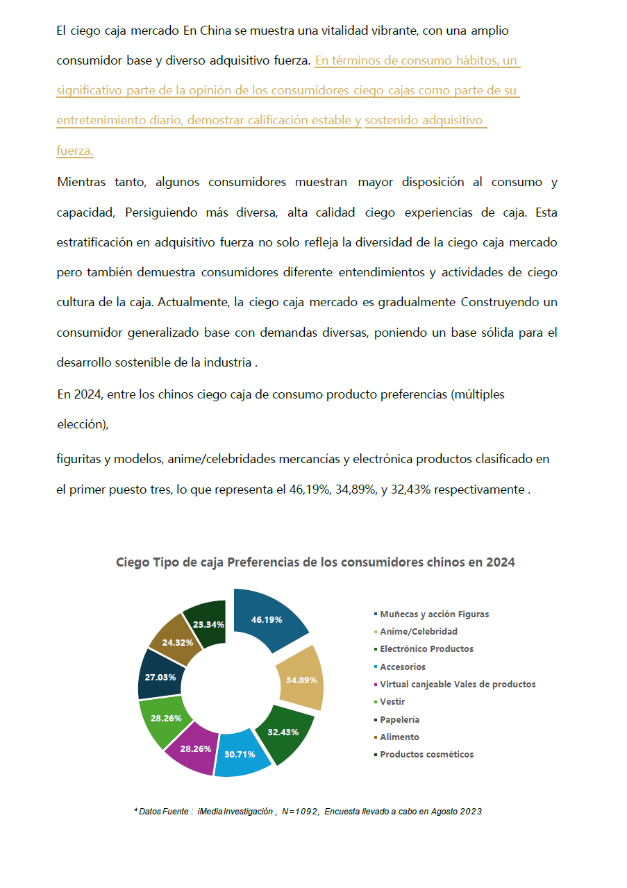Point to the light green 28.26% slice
tap(165, 718)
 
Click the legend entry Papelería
tap(399, 720)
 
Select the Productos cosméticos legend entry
tap(426, 755)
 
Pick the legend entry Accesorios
tap(403, 667)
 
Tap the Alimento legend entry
tap(399, 737)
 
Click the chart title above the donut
tap(315, 562)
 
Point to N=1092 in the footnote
tap(300, 812)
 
